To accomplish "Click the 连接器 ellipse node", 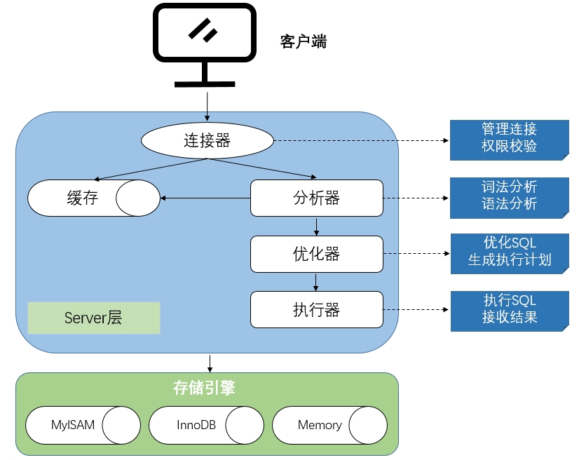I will click(x=207, y=140).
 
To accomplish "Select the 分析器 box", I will click(x=317, y=198).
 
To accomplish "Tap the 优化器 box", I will click(x=317, y=254).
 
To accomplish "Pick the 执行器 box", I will click(x=317, y=309).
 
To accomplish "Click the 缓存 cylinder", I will click(x=93, y=198).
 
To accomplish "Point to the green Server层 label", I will click(x=94, y=318).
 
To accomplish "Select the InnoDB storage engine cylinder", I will click(x=206, y=425).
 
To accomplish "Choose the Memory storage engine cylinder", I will click(x=329, y=425).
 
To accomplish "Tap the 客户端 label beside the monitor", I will click(x=304, y=41).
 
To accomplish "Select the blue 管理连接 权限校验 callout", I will click(x=509, y=137).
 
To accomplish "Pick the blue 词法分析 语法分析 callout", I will click(x=509, y=195).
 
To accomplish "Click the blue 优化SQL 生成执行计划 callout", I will click(x=509, y=252).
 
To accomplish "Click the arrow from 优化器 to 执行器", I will click(x=317, y=281).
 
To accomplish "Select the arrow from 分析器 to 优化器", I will click(x=317, y=226).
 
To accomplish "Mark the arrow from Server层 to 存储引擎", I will click(x=209, y=363).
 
